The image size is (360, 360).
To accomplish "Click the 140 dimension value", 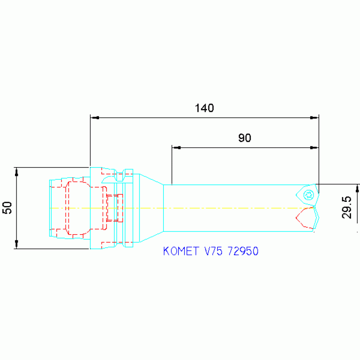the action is tap(204, 108).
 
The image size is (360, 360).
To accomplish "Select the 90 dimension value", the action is tap(245, 138).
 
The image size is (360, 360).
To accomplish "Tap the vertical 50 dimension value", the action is tap(7, 208).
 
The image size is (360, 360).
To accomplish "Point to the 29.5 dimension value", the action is tap(346, 207).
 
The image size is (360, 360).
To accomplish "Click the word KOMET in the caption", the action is tap(181, 251).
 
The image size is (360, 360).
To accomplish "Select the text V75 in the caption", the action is tap(213, 251).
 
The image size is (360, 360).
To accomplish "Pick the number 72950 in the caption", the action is tap(243, 251).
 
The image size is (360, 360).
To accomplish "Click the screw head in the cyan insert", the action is tap(309, 195).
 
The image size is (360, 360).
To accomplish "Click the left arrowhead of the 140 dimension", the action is tap(95, 118).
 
